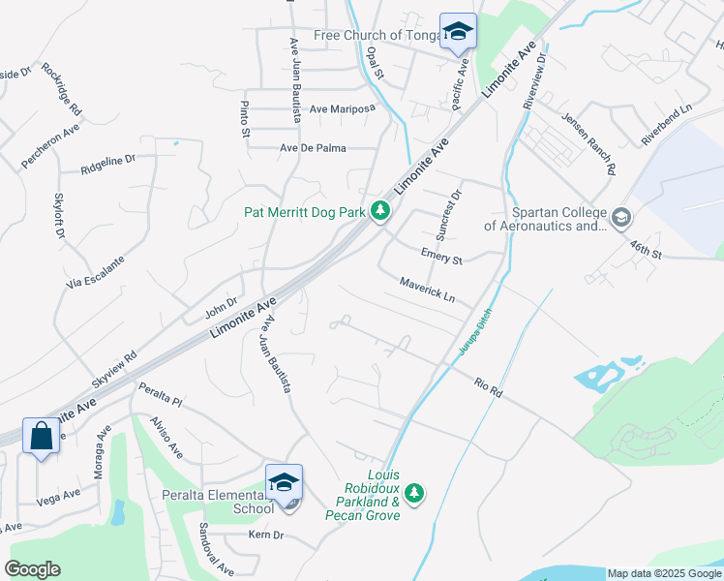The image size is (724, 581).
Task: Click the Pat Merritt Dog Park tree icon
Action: click(381, 210)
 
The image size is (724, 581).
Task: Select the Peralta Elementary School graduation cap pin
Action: click(285, 481)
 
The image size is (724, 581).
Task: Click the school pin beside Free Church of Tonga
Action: click(459, 30)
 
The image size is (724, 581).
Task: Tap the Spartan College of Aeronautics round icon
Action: click(620, 215)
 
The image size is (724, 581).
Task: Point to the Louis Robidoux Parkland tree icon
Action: click(414, 493)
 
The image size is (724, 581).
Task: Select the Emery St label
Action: click(441, 256)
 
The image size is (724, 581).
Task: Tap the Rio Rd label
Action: click(488, 387)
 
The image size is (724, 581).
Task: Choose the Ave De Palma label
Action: click(313, 148)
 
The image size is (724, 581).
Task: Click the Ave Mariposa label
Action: click(342, 109)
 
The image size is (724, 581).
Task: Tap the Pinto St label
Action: click(245, 117)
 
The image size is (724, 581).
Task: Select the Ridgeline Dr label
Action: click(108, 162)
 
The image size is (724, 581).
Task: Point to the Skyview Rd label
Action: click(114, 369)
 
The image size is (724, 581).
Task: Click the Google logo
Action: click(32, 569)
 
